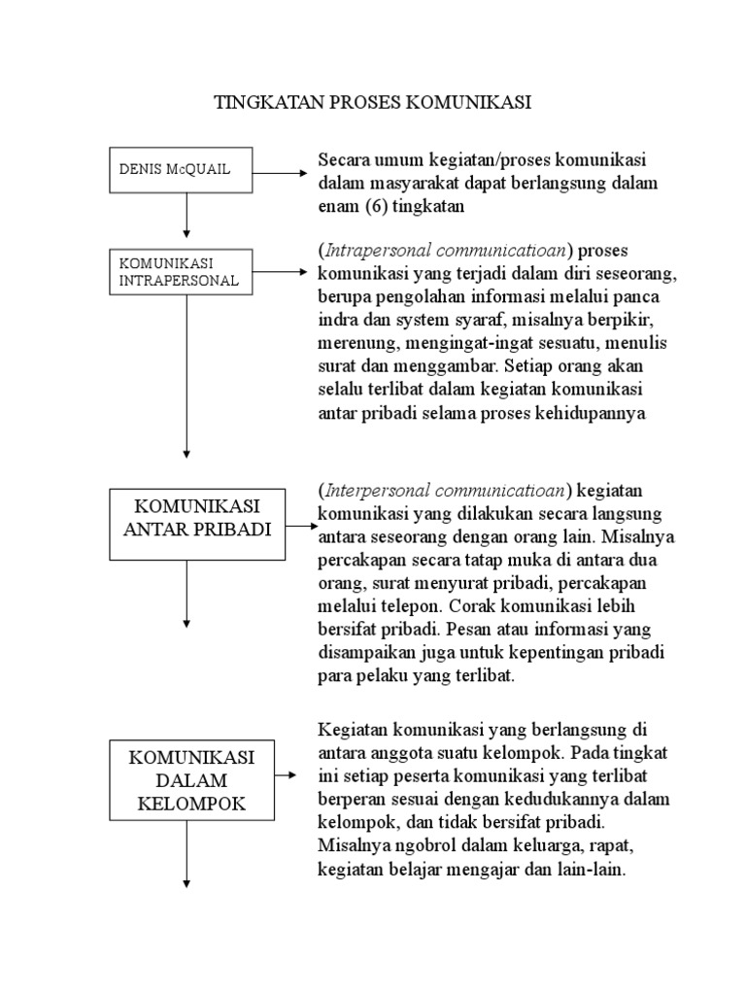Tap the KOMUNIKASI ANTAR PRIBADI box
coord(197,525)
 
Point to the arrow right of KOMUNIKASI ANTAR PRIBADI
coord(301,526)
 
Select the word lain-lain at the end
coord(594,872)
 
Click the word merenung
coord(351,345)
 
